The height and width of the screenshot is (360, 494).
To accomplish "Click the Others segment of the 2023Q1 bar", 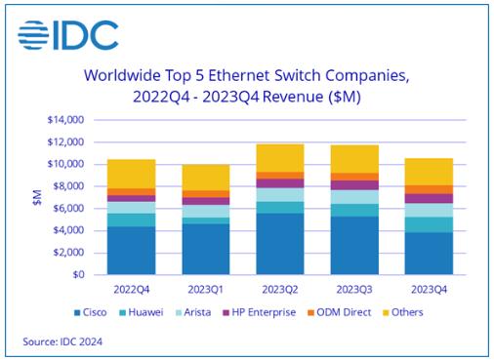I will pos(206,178).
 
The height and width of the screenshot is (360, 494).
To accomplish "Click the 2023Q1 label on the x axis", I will pos(206,289).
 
